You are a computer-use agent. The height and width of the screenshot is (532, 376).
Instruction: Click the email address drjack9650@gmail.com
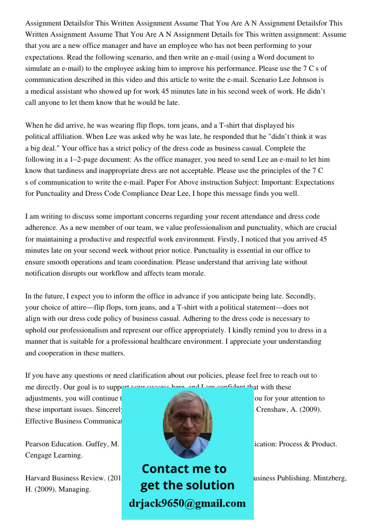(x=187, y=503)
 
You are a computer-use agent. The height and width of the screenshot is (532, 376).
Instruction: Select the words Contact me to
(x=184, y=469)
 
